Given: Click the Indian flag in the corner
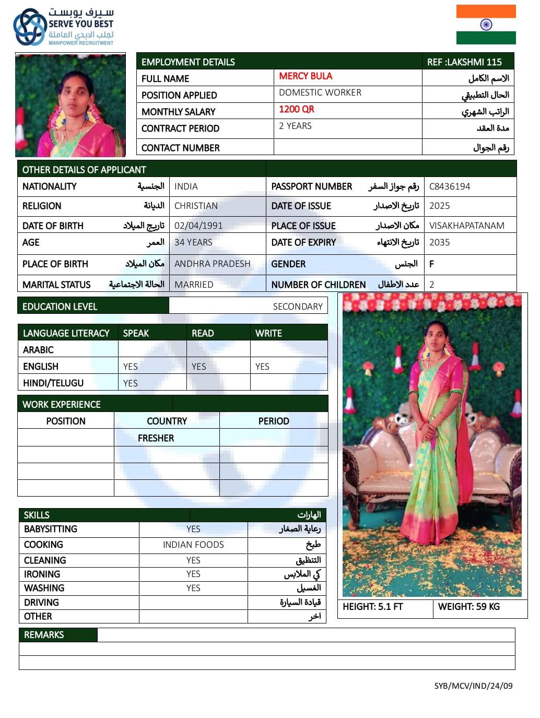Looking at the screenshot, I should click(x=486, y=25).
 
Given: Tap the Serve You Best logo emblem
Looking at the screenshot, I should click(x=29, y=27).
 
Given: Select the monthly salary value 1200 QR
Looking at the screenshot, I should click(x=296, y=109).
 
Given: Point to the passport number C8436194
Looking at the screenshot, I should click(x=449, y=186).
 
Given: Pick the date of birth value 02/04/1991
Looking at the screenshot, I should click(x=198, y=226).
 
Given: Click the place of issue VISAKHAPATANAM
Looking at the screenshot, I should click(x=466, y=226).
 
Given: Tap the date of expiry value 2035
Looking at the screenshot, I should click(x=439, y=242).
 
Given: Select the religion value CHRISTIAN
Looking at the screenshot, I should click(x=196, y=206).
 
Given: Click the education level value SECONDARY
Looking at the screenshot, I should click(x=298, y=307).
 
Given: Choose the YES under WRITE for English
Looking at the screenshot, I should click(x=262, y=367).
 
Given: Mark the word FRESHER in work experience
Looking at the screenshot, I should click(x=156, y=438).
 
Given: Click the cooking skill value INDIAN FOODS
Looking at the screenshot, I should click(x=193, y=545).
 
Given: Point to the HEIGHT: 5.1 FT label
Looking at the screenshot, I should click(x=373, y=607).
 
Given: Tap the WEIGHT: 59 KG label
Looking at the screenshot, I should click(x=468, y=607).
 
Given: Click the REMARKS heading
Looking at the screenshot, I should click(x=44, y=635).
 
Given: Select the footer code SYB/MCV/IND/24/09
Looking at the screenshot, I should click(x=473, y=686).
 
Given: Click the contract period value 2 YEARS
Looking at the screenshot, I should click(x=295, y=126).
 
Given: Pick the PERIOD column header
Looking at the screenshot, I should click(x=274, y=421).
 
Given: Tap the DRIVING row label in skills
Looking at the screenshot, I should click(x=41, y=603).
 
